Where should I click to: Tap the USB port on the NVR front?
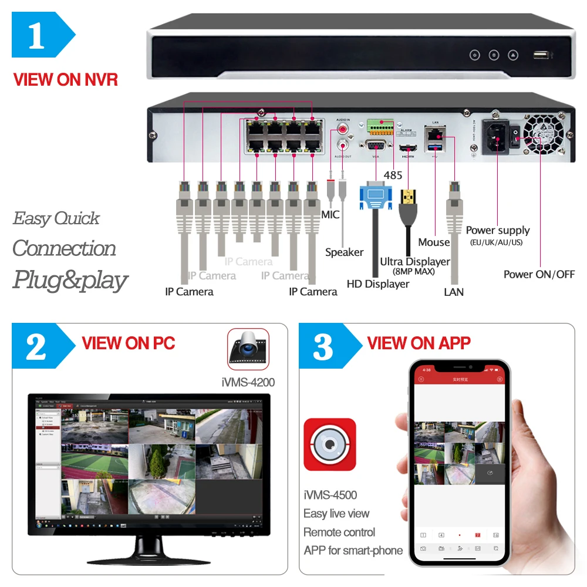coord(541,55)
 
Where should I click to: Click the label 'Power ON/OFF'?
coord(539,274)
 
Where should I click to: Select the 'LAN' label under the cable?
coord(454,292)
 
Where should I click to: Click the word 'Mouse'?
coord(434,242)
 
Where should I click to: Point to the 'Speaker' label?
coord(344,252)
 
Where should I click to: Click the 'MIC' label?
coord(330,215)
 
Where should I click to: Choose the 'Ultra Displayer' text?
coord(414,261)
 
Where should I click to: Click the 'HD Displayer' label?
coord(377,284)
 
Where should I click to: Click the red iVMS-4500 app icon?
coord(329,444)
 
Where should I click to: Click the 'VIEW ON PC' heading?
coord(129,343)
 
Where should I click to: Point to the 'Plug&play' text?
coord(70,279)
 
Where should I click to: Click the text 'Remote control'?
coord(339,532)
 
